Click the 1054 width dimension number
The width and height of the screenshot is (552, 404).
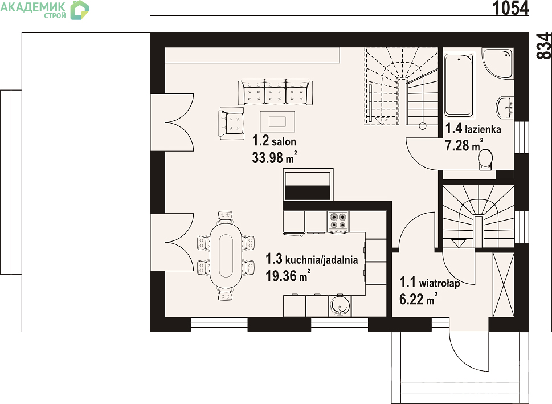click(510, 8)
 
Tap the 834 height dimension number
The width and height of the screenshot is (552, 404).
click(544, 46)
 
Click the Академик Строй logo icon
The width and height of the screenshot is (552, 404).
click(80, 10)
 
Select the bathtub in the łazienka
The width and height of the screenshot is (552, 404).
click(459, 85)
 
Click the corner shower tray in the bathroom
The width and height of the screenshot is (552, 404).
click(498, 63)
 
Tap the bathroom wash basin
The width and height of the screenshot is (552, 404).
click(505, 108)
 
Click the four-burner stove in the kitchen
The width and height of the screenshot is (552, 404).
click(338, 221)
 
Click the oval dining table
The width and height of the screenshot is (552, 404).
click(226, 256)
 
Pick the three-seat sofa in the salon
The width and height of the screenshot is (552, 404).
click(275, 92)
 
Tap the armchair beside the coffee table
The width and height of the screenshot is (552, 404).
click(231, 123)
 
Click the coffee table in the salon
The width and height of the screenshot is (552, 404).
click(277, 121)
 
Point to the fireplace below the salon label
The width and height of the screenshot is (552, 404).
click(308, 185)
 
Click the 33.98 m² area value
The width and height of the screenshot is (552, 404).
click(274, 157)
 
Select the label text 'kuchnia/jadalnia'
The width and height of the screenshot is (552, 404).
click(321, 260)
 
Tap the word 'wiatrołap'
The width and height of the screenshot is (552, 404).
click(440, 283)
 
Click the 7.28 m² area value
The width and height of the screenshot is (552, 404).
click(464, 145)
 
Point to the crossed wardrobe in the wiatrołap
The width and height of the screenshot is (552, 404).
click(504, 285)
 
